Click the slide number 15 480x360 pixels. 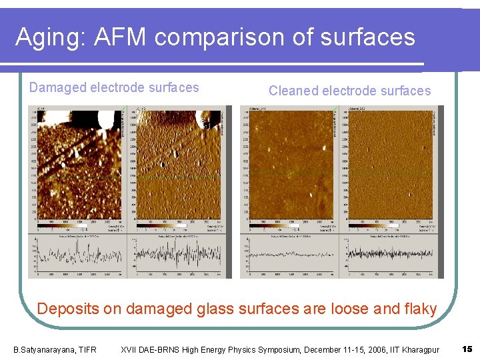point(467,349)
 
